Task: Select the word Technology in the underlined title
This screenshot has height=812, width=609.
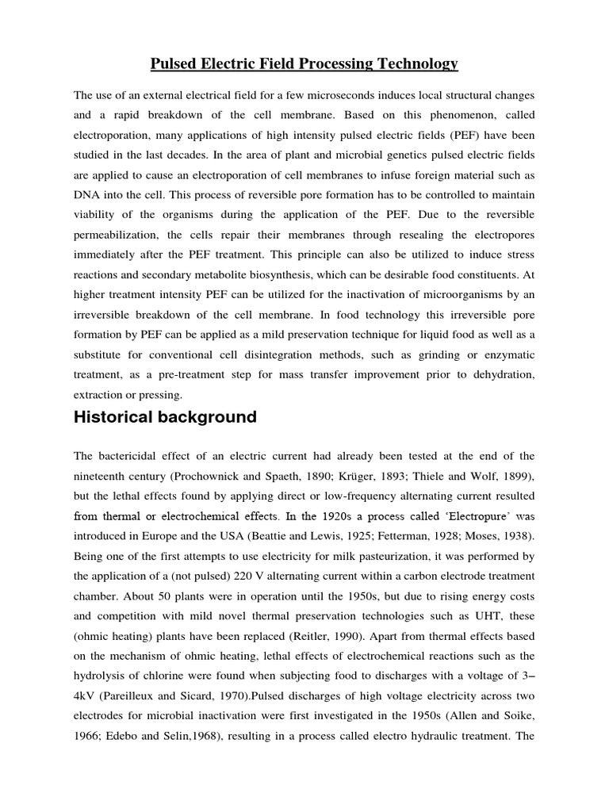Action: pyautogui.click(x=417, y=63)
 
